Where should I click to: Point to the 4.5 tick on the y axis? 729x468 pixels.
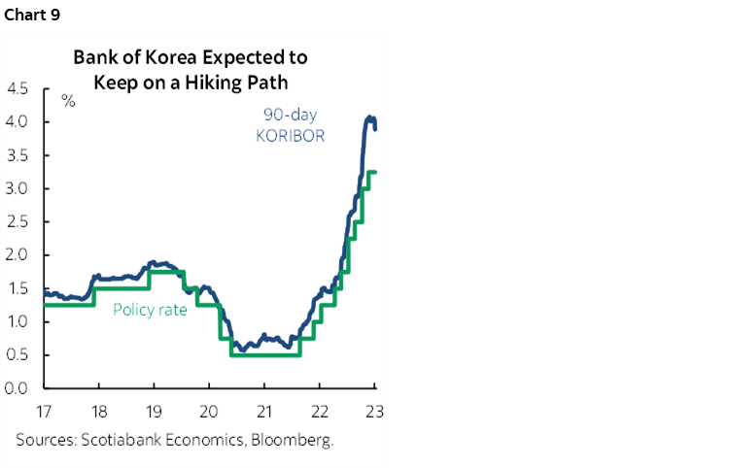point(17,89)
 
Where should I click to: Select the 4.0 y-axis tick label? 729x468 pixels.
point(17,122)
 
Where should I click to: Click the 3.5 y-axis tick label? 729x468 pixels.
point(17,155)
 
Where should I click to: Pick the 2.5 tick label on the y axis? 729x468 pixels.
point(17,222)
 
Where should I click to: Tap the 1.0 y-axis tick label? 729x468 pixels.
point(17,322)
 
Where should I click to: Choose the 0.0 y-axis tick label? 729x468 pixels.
point(17,388)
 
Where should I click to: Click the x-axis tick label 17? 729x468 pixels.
point(45,409)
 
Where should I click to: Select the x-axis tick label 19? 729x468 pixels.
point(155,409)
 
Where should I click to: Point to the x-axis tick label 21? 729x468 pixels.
point(264,409)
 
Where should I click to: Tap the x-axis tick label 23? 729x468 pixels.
point(374,409)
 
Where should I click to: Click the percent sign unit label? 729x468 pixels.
point(68,100)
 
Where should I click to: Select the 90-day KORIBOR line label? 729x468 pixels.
point(291,125)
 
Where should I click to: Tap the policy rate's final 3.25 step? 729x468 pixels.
point(370,172)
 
